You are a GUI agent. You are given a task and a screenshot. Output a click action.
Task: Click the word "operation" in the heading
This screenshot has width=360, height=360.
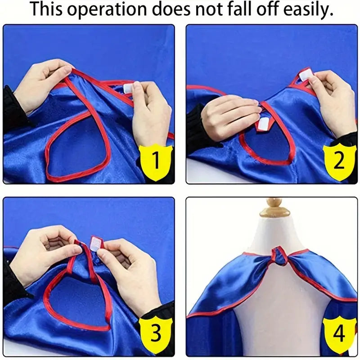[107, 9]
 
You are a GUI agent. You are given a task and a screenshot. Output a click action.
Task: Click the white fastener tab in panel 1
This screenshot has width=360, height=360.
[128, 88]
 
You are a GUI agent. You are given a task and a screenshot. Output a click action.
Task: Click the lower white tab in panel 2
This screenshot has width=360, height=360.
[263, 124]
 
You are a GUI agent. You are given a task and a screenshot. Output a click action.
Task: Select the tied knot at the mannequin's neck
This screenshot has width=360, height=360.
[279, 256]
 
